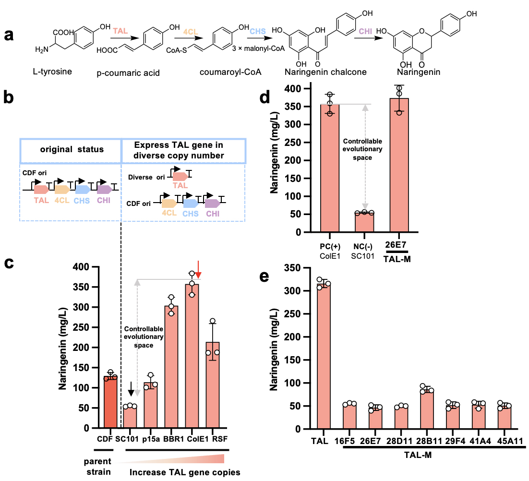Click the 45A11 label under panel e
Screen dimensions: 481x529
(504, 440)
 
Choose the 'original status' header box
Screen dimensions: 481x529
(71, 149)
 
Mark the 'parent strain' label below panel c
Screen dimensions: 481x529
(95, 466)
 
